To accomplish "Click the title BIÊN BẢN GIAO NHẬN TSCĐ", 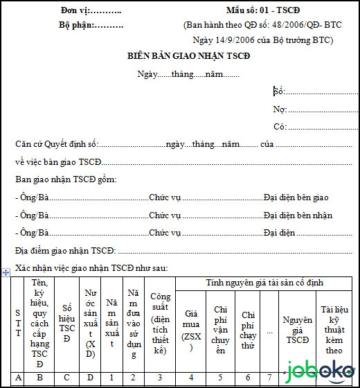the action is coord(188,55).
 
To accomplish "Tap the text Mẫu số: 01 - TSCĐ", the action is coord(262,11).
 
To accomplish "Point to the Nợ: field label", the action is coord(280,109).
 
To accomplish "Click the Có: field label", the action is coord(280,126).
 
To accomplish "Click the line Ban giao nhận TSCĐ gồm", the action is coord(66,179).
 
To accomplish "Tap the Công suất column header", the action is coord(161,323).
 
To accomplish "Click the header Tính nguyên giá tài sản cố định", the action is coord(264,283).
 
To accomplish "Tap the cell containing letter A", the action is coord(18,377).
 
